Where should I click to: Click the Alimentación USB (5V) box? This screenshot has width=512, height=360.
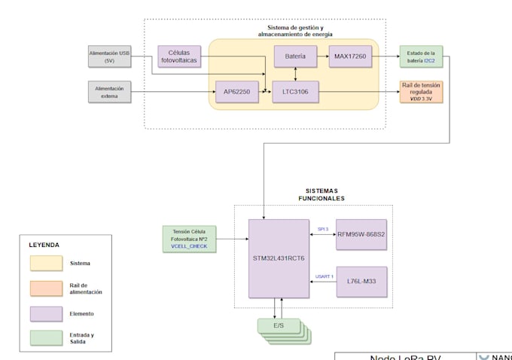[110, 56]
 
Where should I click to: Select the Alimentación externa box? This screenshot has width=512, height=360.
[110, 92]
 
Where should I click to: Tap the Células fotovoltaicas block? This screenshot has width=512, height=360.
[179, 56]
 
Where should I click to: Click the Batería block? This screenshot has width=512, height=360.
[295, 56]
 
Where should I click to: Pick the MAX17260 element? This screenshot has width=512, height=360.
[351, 56]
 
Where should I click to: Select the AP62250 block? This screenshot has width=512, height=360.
[236, 92]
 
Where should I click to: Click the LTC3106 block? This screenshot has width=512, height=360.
[295, 92]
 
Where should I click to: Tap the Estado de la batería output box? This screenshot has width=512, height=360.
[421, 56]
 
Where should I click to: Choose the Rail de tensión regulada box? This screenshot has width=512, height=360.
[421, 92]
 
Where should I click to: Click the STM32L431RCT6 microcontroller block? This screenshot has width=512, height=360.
[279, 258]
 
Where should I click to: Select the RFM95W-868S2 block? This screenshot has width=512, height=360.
[361, 234]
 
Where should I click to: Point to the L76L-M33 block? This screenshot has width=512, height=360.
[361, 281]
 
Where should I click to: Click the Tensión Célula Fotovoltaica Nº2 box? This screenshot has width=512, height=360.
[189, 238]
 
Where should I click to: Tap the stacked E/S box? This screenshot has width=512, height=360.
[278, 327]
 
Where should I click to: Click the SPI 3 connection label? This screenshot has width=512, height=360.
[323, 228]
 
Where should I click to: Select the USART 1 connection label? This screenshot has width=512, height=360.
[324, 276]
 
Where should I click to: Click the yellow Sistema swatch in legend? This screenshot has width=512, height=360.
[46, 264]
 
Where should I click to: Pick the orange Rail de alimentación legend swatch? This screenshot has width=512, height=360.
[46, 288]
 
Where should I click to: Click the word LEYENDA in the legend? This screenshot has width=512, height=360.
[44, 245]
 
